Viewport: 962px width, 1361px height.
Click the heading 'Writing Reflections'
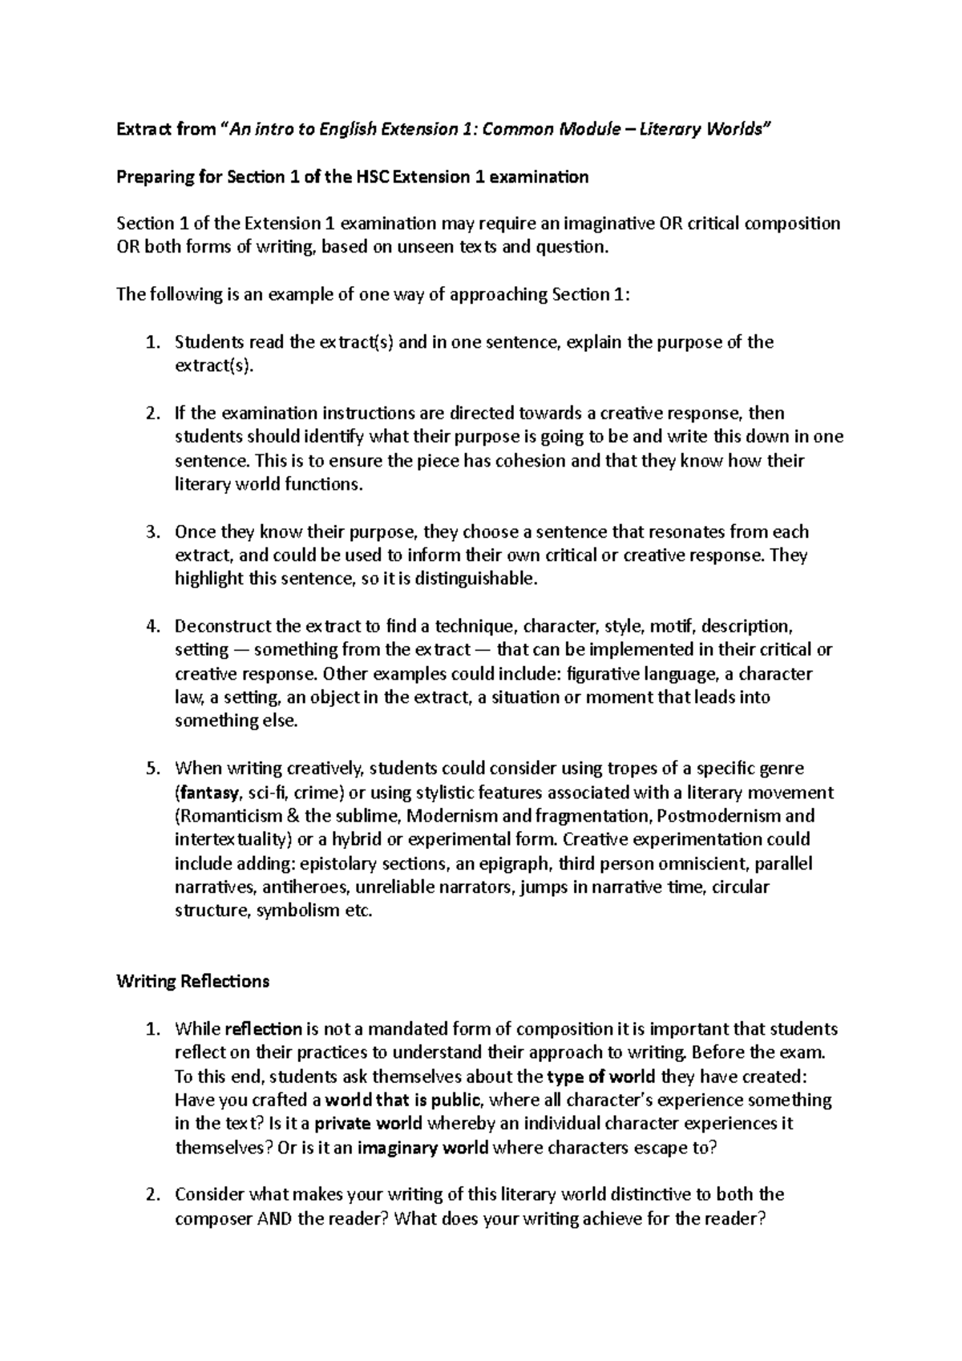[192, 981]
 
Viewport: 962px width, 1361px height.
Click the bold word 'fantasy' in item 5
[208, 793]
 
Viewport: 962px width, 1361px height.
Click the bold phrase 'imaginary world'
[422, 1147]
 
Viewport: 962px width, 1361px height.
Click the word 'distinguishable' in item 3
[474, 579]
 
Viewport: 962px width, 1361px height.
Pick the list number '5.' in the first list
[152, 769]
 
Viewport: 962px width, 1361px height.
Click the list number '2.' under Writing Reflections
[152, 1194]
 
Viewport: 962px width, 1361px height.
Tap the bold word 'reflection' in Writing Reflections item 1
[264, 1028]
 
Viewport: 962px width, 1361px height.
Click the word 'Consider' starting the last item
[209, 1194]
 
